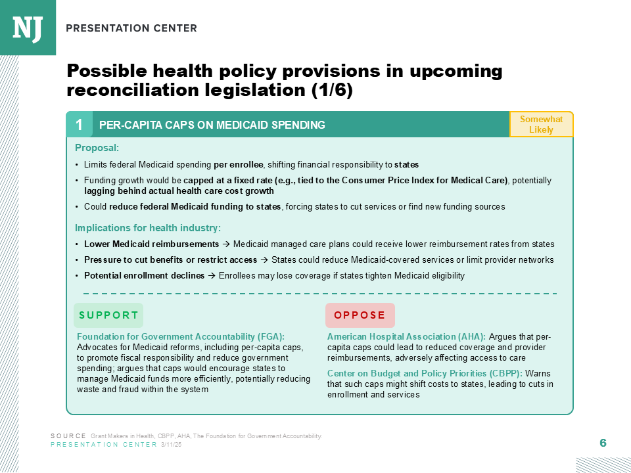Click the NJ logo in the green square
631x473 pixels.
[x=28, y=27]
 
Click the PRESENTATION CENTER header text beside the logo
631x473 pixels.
[x=131, y=28]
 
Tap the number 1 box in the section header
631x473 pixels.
[x=79, y=125]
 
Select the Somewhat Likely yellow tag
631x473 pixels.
[x=541, y=124]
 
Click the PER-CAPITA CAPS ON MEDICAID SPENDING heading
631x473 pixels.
[x=212, y=125]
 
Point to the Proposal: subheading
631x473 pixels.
[x=97, y=148]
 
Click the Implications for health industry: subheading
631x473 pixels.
[x=147, y=228]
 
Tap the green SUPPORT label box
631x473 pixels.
[x=108, y=315]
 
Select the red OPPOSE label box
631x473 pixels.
[x=360, y=315]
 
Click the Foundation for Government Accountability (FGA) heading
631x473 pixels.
[x=181, y=337]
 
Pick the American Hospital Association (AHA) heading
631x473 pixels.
[x=406, y=337]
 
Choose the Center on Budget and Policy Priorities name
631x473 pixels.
[x=424, y=374]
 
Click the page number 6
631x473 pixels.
[x=603, y=443]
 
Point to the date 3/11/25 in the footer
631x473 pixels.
[x=171, y=445]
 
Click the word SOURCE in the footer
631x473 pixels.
[x=68, y=436]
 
